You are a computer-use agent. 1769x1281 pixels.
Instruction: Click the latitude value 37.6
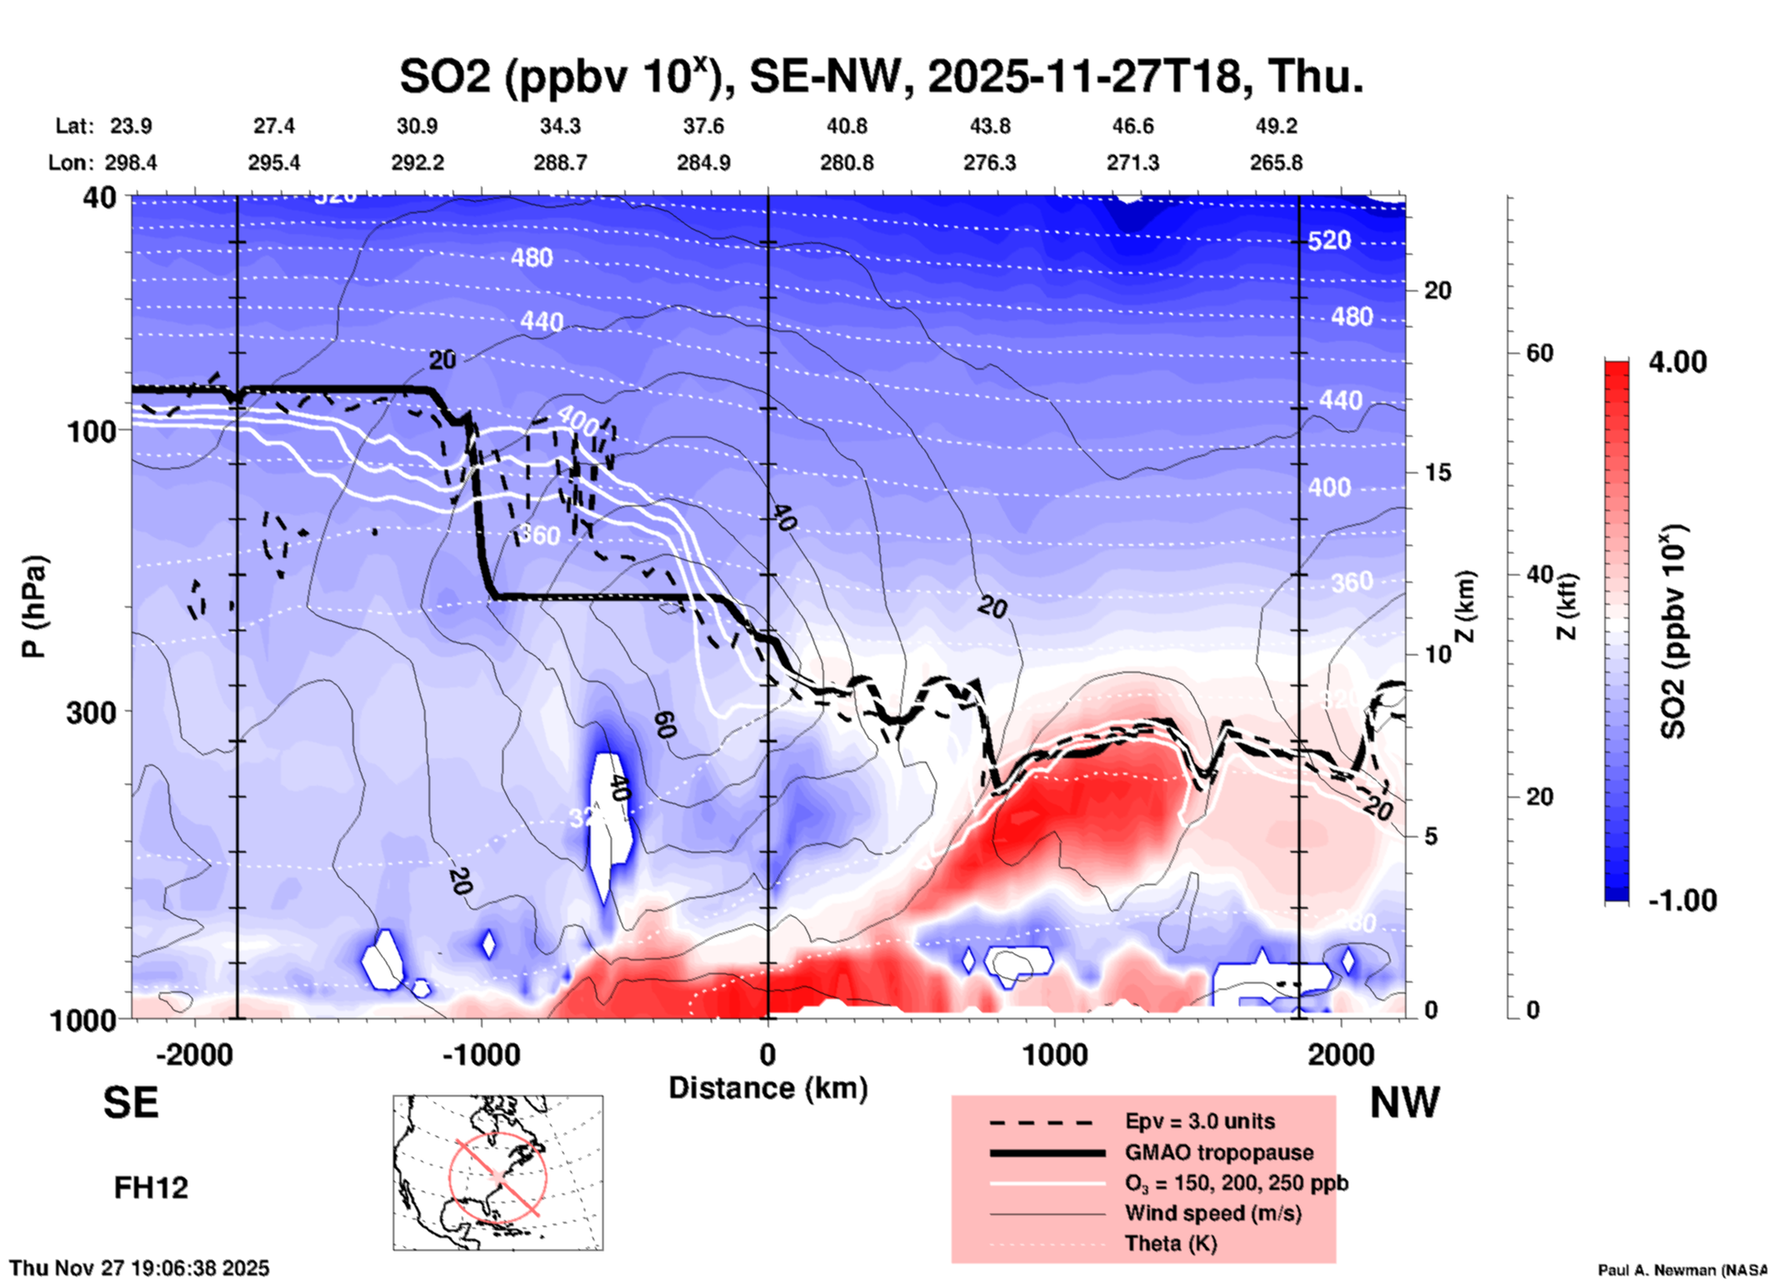tap(703, 126)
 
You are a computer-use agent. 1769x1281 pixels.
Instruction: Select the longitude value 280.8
tap(846, 164)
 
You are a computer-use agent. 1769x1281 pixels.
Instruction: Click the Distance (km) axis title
tap(768, 1088)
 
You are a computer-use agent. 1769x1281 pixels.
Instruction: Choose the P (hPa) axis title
tap(34, 606)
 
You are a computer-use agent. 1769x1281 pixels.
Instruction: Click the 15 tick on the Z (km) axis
tap(1437, 472)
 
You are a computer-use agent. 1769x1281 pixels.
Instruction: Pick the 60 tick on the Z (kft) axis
tap(1538, 353)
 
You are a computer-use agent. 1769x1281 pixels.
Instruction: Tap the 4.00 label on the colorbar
tap(1677, 362)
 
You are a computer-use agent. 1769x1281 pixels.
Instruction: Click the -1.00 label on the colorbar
tap(1682, 901)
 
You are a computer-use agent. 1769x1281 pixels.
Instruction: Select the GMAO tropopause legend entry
tap(1219, 1152)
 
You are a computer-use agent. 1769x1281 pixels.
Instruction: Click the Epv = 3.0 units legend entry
tap(1200, 1121)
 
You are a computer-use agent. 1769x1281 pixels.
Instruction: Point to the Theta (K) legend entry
tap(1170, 1243)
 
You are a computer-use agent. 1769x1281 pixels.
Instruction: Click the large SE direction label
tap(130, 1103)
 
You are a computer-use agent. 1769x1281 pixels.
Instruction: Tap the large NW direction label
tap(1404, 1103)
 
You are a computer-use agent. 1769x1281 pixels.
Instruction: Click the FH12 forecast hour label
tap(151, 1187)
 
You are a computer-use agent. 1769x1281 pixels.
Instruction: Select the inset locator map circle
tap(498, 1175)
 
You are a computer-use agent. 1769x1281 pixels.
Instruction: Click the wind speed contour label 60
tap(665, 725)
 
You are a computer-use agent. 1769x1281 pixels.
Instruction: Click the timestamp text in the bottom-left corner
tap(140, 1268)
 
